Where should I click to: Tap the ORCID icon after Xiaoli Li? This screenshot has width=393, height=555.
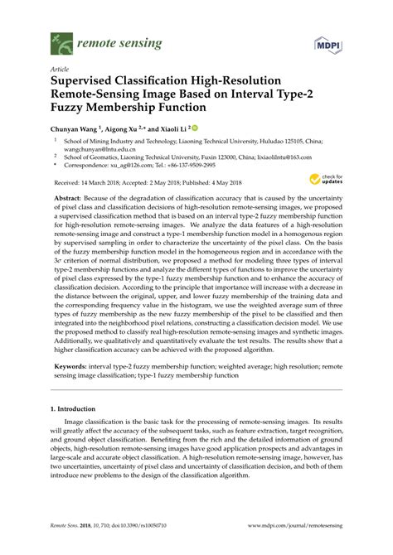(196, 128)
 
